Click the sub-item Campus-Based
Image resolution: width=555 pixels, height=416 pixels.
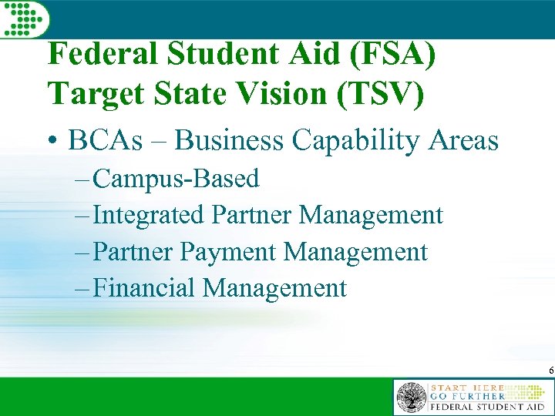pos(177,179)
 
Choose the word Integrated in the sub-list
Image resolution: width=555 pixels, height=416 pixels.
pos(149,215)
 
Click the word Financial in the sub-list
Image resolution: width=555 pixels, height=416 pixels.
pos(144,288)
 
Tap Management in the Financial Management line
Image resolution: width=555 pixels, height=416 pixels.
pos(274,288)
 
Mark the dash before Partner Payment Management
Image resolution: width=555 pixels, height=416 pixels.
pos(82,252)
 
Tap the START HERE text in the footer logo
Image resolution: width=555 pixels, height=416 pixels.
pos(467,387)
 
